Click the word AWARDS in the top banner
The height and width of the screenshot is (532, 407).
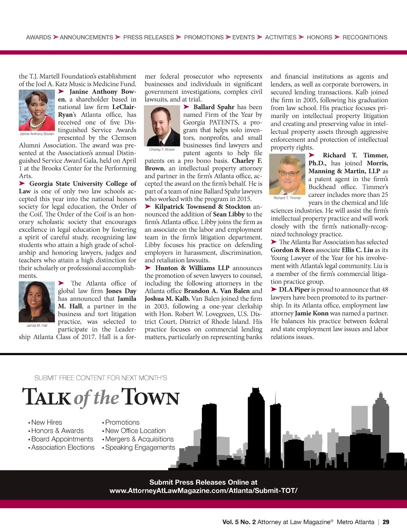tap(39, 37)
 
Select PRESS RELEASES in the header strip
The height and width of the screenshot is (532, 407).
tap(148, 37)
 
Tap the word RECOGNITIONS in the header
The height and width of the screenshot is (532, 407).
tap(364, 37)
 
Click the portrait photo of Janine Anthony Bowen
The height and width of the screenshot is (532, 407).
tap(37, 110)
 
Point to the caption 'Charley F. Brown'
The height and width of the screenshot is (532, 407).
tap(162, 150)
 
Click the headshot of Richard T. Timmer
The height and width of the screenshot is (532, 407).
tap(287, 174)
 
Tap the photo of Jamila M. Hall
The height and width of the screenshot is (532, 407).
tap(37, 302)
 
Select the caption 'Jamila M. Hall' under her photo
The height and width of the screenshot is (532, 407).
tap(37, 325)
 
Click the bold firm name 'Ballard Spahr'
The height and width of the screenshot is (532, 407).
tap(214, 107)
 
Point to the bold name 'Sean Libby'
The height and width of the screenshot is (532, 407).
tap(229, 214)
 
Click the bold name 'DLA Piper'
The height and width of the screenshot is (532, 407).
tap(294, 290)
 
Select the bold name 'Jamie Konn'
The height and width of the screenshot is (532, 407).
tap(312, 313)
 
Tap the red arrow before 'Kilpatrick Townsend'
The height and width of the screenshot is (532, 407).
tap(148, 207)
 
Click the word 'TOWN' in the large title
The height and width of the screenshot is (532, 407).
tap(150, 397)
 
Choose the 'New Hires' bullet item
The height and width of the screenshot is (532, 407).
tap(47, 422)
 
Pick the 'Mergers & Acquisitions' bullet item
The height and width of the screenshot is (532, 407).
tap(139, 439)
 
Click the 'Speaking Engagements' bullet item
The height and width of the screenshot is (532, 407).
tap(140, 447)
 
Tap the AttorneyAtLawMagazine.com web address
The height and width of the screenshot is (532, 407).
tap(203, 491)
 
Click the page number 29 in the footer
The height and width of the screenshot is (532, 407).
tap(386, 522)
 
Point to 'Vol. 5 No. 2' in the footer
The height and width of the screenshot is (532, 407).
tap(239, 522)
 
